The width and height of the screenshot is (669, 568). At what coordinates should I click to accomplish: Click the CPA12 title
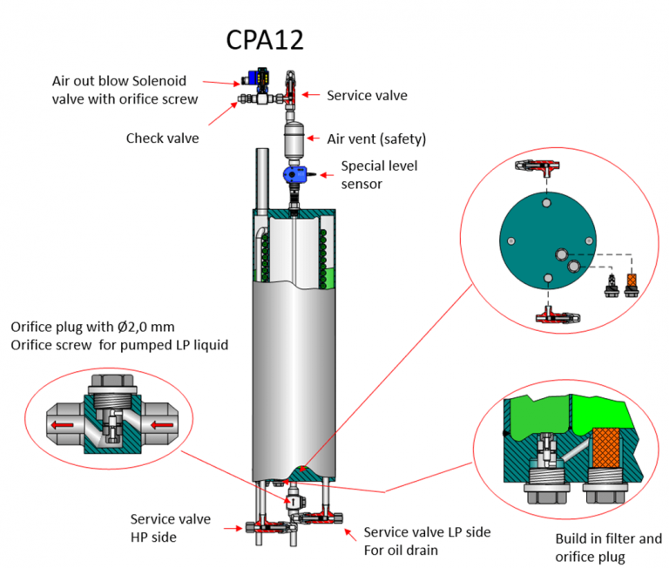[264, 41]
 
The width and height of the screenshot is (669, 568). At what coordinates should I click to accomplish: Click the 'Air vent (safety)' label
[376, 139]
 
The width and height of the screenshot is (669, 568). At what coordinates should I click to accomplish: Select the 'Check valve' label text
[162, 138]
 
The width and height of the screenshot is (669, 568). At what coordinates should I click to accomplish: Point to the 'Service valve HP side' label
[171, 528]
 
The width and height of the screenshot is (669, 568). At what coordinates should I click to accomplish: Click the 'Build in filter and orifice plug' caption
[608, 546]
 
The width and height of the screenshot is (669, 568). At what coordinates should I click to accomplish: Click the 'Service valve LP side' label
[427, 531]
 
